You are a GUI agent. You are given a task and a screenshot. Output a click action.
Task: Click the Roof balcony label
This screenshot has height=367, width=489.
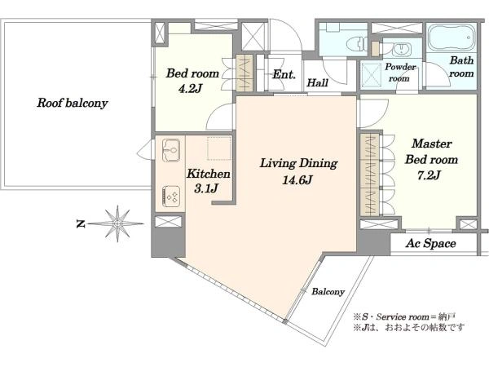click(x=73, y=103)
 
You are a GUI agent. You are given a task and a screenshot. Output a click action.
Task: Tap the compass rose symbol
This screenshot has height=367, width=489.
click(x=117, y=223)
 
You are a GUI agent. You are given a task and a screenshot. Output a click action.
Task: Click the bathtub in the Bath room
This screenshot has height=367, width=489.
click(x=451, y=38)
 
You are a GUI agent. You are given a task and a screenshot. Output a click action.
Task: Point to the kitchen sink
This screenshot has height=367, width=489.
click(x=171, y=150)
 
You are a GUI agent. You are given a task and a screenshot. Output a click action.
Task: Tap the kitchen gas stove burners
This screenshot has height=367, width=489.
click(x=171, y=197)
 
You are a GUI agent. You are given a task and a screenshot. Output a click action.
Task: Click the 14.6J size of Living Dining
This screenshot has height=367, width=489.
click(x=297, y=180)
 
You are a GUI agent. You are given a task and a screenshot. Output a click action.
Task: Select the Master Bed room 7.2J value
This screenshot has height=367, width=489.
click(x=429, y=175)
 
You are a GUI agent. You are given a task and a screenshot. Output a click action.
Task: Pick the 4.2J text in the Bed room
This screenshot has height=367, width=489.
click(x=190, y=89)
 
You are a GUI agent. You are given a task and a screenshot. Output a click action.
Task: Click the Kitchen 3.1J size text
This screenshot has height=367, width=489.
click(x=205, y=188)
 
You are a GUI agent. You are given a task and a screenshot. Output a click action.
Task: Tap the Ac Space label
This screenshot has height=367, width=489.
click(x=430, y=243)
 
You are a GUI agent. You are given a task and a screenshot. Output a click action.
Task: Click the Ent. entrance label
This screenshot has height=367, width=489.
click(x=284, y=74)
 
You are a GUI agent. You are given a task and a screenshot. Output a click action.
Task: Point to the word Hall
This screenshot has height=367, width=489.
click(x=318, y=82)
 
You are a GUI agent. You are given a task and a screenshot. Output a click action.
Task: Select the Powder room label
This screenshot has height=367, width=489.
click(x=400, y=73)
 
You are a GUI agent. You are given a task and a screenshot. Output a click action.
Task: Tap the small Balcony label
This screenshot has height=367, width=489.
click(x=328, y=292)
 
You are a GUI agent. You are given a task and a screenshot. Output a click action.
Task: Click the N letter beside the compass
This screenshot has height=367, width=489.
click(x=81, y=223)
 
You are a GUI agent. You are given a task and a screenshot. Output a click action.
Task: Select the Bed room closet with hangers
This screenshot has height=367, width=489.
click(x=244, y=73)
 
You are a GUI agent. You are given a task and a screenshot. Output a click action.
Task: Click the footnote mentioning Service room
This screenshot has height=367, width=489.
click(x=404, y=317)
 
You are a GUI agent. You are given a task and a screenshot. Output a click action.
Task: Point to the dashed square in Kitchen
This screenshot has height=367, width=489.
click(x=219, y=148)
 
